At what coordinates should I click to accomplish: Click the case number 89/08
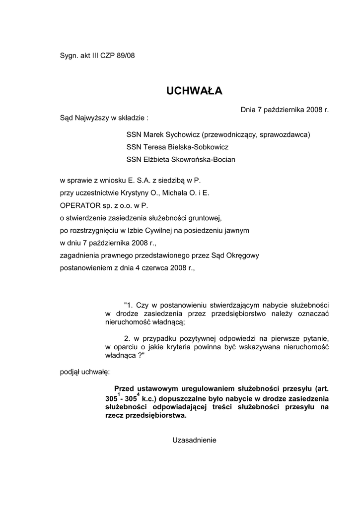pyautogui.click(x=125, y=56)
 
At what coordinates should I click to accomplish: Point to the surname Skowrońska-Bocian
pyautogui.click(x=199, y=159)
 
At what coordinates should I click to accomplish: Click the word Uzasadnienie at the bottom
pyautogui.click(x=194, y=440)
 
